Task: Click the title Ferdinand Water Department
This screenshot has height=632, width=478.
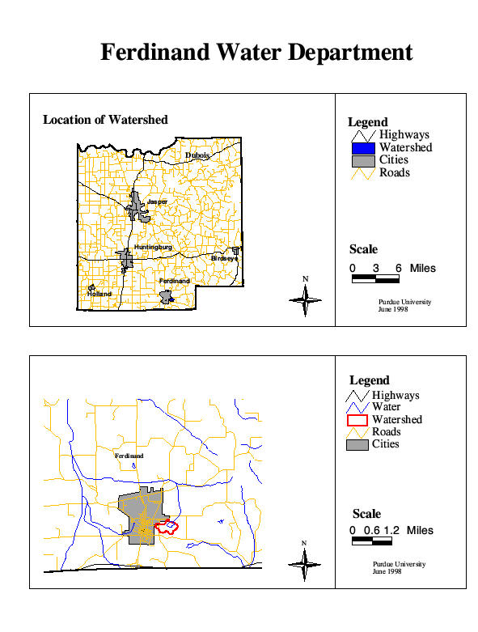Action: (x=256, y=53)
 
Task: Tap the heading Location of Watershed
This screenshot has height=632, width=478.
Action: (x=105, y=120)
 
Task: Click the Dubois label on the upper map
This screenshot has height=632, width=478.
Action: (x=197, y=155)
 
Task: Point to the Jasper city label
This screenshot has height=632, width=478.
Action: (x=157, y=201)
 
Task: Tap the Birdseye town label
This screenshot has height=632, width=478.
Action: (x=224, y=258)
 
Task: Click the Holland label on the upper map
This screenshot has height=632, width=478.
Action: (x=99, y=293)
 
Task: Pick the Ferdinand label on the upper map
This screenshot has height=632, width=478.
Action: (x=174, y=281)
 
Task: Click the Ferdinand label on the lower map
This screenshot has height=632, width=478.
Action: (x=129, y=456)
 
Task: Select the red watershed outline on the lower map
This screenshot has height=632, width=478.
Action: (x=167, y=528)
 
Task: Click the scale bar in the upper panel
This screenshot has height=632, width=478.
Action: (x=375, y=279)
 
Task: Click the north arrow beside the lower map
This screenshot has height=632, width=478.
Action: (x=304, y=561)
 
